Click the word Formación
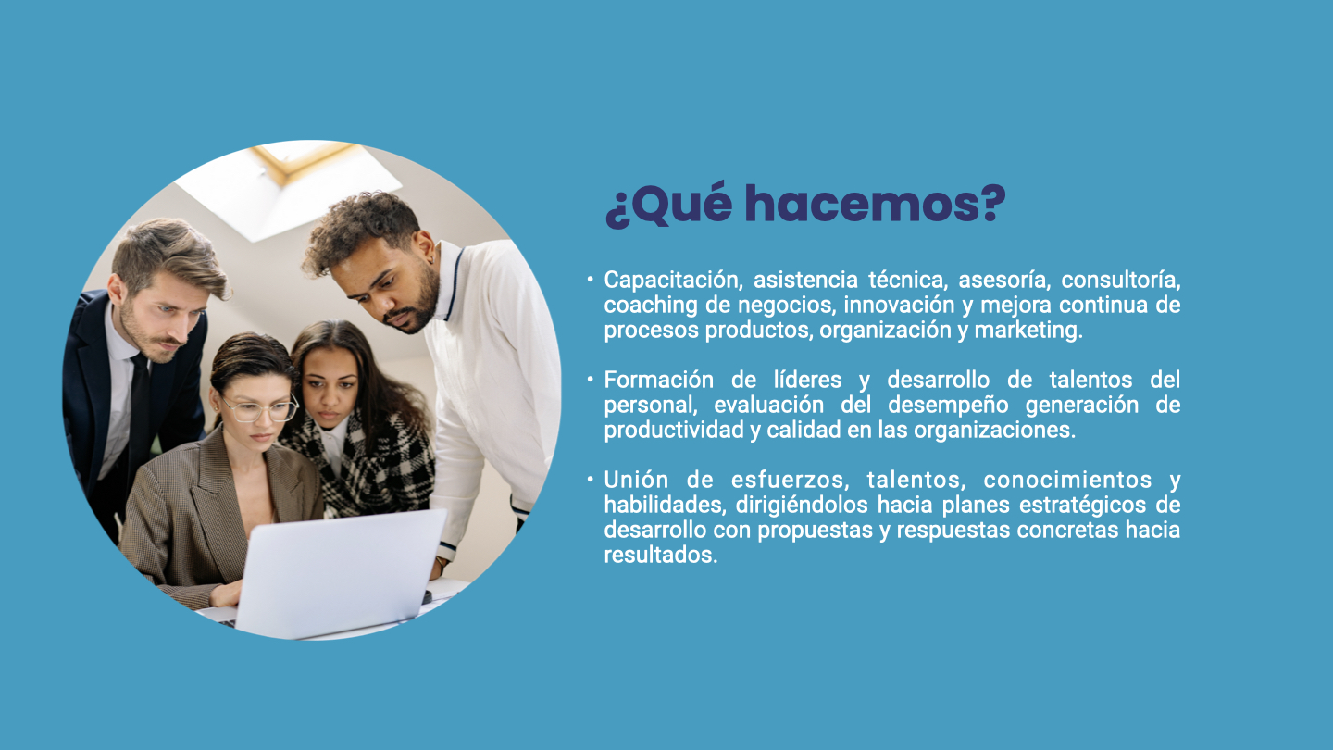pos(659,380)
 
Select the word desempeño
pos(948,406)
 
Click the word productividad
pos(674,430)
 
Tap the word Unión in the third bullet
pos(636,480)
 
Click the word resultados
pos(661,555)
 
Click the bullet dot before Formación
pos(590,380)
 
